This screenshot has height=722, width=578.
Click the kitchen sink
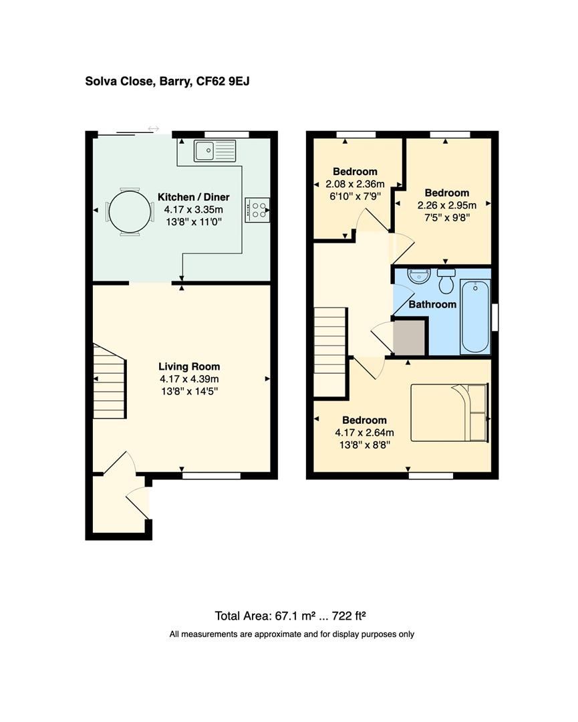(x=214, y=151)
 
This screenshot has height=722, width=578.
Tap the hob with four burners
(x=257, y=209)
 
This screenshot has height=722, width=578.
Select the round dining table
(x=130, y=211)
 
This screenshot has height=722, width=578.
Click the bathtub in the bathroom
(x=475, y=316)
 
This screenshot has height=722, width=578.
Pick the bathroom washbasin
(x=418, y=275)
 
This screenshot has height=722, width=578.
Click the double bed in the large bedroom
(x=449, y=412)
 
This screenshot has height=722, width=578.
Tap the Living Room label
(x=188, y=366)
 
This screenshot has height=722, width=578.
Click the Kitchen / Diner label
(x=193, y=197)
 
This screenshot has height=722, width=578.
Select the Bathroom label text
(x=432, y=304)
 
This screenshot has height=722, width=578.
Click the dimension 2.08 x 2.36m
(x=355, y=184)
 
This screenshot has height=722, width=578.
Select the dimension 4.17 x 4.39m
(x=188, y=379)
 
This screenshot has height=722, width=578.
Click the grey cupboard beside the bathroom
(x=408, y=338)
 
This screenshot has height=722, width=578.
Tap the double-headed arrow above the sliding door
(x=154, y=128)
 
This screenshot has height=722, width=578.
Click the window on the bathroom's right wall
(x=495, y=316)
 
